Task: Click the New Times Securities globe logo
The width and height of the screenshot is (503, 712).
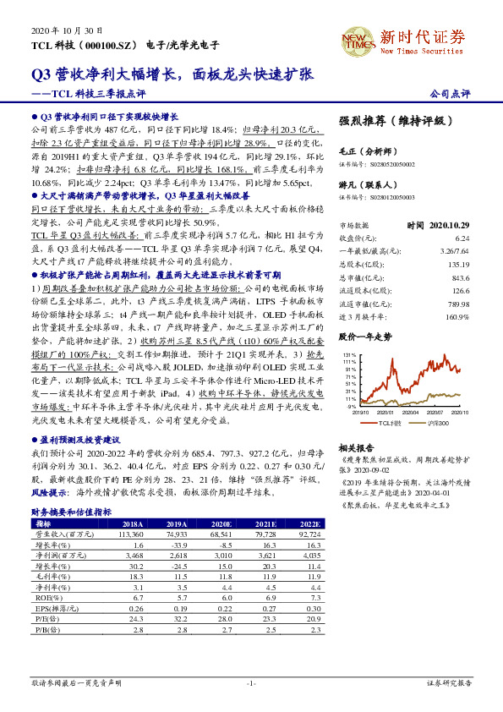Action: click(x=356, y=39)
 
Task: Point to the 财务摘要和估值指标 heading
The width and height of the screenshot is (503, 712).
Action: click(x=71, y=512)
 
